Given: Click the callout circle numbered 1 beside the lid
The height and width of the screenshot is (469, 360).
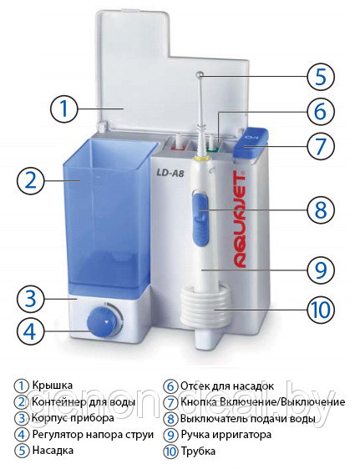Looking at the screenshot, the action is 63,108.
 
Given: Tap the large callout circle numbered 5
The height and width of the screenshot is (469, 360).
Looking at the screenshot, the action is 321,76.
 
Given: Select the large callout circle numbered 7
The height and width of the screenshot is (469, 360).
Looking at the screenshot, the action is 321,146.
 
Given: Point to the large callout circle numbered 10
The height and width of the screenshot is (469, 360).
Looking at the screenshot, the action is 321,310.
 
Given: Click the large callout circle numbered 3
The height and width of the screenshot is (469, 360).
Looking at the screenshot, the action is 31,299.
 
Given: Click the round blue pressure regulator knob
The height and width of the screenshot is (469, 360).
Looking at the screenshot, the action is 102,323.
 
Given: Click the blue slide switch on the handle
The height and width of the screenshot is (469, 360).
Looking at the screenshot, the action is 200,218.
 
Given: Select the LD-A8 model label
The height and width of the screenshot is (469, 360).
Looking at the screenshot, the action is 170,174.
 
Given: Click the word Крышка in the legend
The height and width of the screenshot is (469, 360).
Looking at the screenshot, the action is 53,385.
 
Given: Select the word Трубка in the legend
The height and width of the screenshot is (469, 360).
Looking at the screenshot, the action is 198,451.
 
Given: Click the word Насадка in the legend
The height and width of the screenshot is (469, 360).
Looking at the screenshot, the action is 53,450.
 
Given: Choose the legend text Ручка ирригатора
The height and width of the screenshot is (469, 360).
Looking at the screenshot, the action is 226,434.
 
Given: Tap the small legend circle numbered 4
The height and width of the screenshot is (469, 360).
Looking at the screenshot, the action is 22,434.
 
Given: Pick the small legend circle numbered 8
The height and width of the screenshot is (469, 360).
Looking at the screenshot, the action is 170,418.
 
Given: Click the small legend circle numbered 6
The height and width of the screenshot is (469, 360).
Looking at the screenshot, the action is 170,386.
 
